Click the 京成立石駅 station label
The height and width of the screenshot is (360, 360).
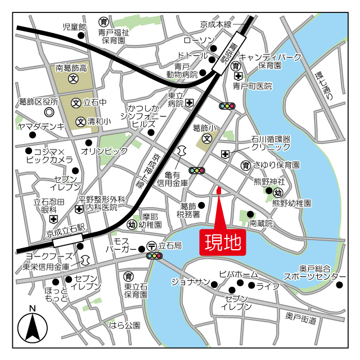[x=65, y=229]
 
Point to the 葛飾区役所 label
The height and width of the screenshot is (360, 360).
[x=38, y=102]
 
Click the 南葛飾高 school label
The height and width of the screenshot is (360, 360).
[x=71, y=68]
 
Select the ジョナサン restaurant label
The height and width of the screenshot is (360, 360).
[x=190, y=281]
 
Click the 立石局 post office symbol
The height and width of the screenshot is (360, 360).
[x=151, y=246]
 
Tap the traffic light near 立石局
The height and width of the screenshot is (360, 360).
[x=154, y=256]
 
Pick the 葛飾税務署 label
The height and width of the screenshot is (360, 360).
[x=188, y=210]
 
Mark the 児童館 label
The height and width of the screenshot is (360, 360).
[x=74, y=26]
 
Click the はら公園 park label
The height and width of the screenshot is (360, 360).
[x=124, y=325]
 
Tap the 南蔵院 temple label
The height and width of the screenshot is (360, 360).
[x=261, y=223]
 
